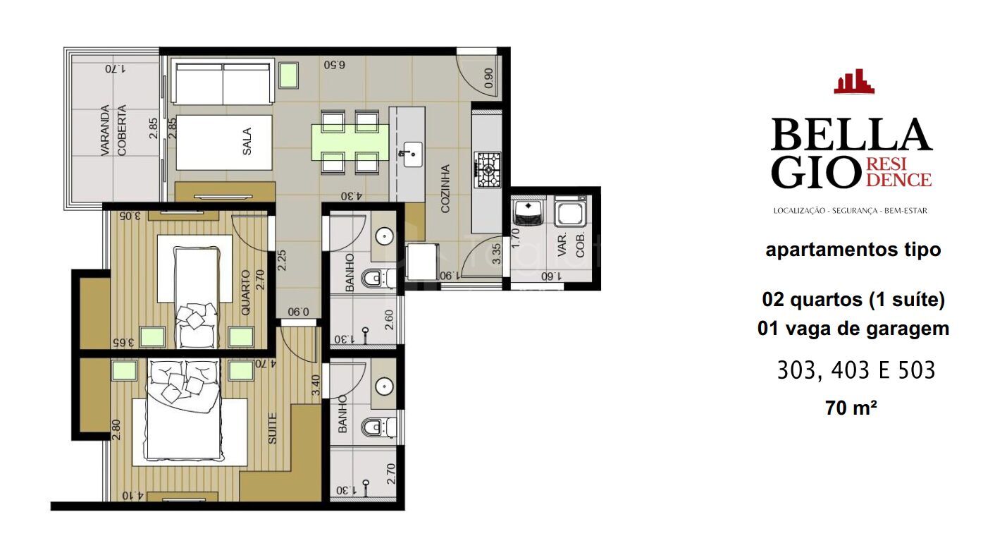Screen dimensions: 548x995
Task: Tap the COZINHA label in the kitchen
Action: (x=445, y=188)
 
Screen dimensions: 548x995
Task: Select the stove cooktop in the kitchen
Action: (x=488, y=169)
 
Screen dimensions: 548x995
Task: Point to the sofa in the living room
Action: (x=223, y=83)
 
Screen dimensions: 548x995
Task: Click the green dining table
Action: (x=350, y=142)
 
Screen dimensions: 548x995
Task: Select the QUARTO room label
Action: (x=246, y=292)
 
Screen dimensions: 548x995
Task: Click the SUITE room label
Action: (x=273, y=427)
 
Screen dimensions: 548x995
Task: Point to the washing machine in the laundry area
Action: (x=569, y=211)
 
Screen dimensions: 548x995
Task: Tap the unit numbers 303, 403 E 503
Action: (x=855, y=370)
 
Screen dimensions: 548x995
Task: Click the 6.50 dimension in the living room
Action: (x=334, y=64)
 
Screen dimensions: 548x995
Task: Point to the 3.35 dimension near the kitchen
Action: (x=497, y=254)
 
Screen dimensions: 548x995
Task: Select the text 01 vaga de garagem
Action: (x=853, y=328)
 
